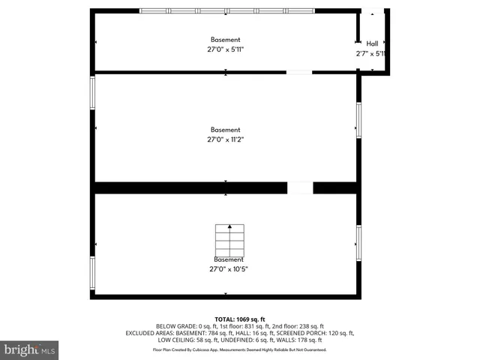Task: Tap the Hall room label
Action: (372, 43)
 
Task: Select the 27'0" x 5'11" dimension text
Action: (225, 49)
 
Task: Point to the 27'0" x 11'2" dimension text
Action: (226, 139)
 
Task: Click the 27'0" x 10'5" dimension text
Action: (228, 268)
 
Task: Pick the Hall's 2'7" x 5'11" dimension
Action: (370, 53)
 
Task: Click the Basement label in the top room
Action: (225, 40)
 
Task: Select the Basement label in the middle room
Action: (226, 129)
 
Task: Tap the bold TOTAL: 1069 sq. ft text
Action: (240, 319)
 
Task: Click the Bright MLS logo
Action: (29, 349)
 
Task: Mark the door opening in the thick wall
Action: (300, 187)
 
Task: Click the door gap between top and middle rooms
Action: (299, 72)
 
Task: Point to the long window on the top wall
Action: (227, 10)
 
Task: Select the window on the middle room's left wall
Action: (93, 93)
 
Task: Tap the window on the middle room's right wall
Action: (359, 120)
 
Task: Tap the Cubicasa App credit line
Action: (240, 349)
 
